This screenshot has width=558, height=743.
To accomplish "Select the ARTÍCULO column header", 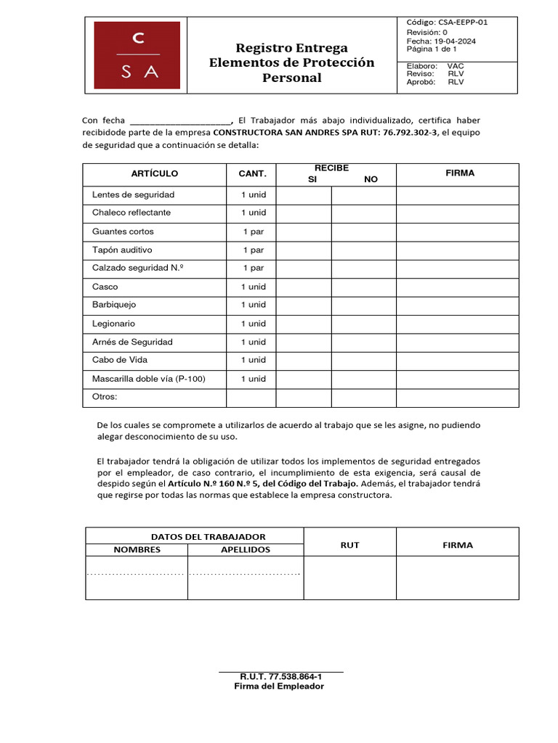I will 154,174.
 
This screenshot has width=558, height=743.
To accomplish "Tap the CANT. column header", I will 252,174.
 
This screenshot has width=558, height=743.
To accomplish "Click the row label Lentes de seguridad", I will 133,194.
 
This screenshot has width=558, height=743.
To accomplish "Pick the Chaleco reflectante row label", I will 132,213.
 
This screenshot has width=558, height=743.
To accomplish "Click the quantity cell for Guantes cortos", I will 253,231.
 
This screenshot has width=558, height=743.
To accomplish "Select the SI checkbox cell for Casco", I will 304,287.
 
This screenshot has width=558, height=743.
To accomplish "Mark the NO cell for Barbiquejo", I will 363,305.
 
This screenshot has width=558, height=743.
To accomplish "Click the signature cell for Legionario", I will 457,324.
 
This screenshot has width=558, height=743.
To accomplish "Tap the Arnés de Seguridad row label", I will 132,342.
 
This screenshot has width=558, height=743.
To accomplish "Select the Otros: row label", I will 105,397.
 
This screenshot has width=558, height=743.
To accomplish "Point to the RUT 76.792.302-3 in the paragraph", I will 411,133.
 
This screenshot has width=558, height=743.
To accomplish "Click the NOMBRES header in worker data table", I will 137,549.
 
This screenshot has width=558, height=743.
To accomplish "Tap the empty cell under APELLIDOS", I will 245,578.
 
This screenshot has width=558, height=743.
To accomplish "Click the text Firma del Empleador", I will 279,686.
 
